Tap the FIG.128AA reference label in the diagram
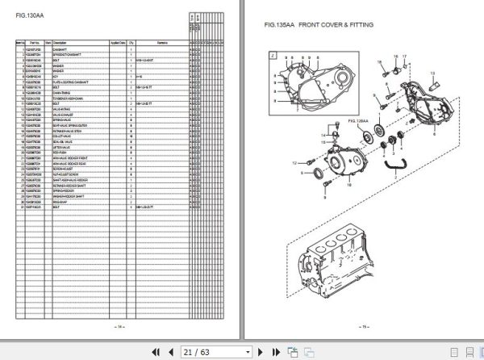tap(357, 120)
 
